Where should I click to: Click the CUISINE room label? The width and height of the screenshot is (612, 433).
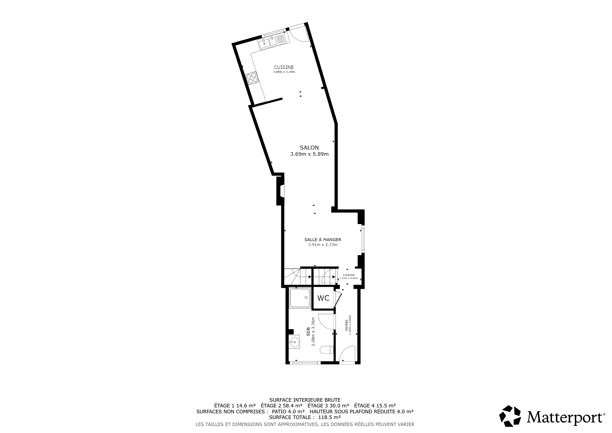(284, 67)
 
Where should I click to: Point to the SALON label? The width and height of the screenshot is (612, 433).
(309, 147)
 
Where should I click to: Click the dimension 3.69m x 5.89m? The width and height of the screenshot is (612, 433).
(309, 154)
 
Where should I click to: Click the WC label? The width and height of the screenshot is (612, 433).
(323, 298)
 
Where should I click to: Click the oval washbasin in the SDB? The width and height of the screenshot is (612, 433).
(295, 342)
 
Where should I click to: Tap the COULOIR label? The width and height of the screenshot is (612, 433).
(349, 275)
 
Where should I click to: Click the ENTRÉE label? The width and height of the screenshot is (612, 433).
(347, 325)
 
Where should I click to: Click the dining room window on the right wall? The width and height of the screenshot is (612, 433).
(363, 239)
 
